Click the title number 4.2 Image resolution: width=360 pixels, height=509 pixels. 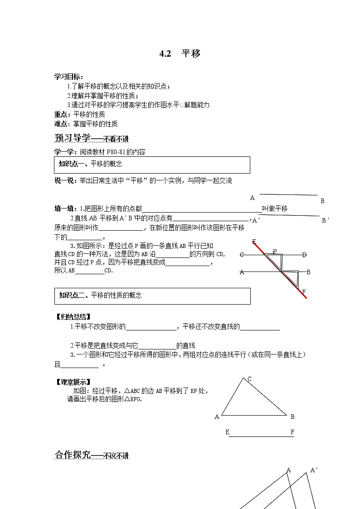pyautogui.click(x=165, y=53)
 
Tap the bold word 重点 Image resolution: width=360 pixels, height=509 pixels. pyautogui.click(x=60, y=114)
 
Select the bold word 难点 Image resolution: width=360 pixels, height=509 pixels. pyautogui.click(x=60, y=123)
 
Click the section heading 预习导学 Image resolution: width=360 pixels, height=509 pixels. pyautogui.click(x=73, y=138)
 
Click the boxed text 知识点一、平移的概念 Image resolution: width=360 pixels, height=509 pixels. pyautogui.click(x=91, y=164)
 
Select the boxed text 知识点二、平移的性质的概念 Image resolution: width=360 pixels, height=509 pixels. pyautogui.click(x=100, y=295)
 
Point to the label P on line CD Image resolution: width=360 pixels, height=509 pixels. pyautogui.click(x=275, y=251)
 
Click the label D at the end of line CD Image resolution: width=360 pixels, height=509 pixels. pyautogui.click(x=304, y=255)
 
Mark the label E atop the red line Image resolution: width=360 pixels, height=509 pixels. pyautogui.click(x=254, y=241)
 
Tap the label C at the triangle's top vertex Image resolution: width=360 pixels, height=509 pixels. pyautogui.click(x=249, y=379)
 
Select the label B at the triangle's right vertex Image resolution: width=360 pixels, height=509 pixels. pyautogui.click(x=292, y=417)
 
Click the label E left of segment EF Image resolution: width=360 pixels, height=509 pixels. pyautogui.click(x=227, y=432)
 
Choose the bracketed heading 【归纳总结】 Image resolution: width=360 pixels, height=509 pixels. pyautogui.click(x=72, y=317)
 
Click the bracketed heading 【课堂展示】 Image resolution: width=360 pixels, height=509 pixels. pyautogui.click(x=72, y=382)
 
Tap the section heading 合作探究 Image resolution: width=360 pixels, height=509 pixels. pyautogui.click(x=73, y=455)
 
